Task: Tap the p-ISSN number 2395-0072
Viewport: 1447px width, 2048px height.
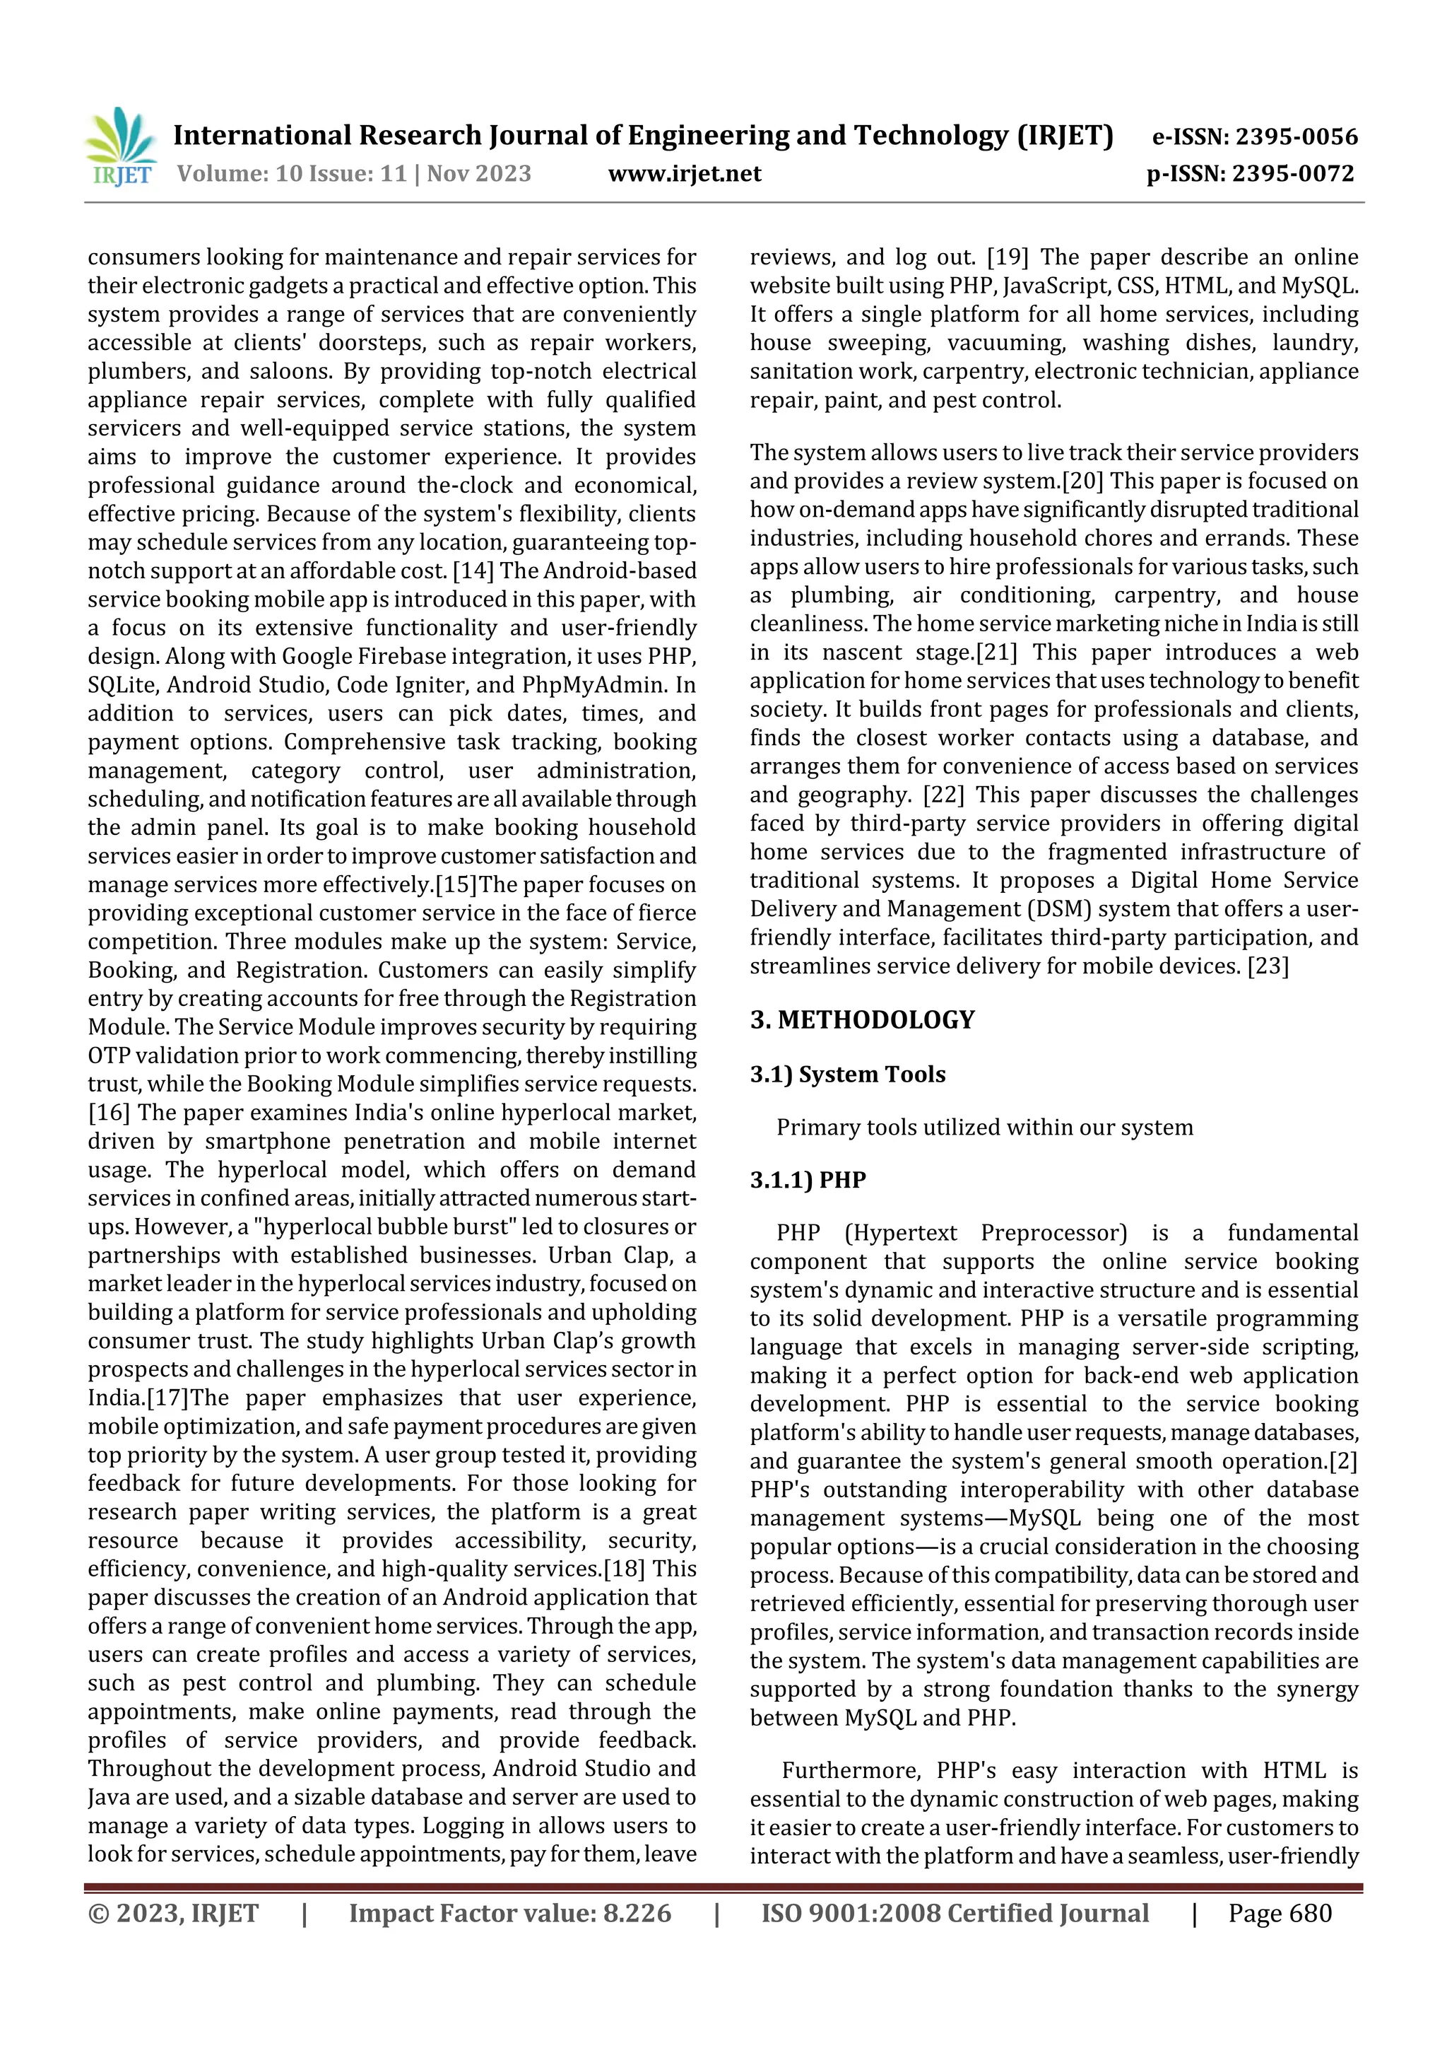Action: tap(1294, 173)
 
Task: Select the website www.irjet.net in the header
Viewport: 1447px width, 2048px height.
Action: tap(684, 173)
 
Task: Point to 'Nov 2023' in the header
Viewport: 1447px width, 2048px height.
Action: tap(479, 173)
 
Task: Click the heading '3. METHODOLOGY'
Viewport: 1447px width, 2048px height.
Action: tap(862, 1019)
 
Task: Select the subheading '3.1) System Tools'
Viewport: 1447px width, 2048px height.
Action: tap(847, 1074)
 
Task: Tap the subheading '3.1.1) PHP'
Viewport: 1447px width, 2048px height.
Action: tap(808, 1179)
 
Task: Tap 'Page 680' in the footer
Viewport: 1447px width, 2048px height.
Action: tap(1280, 1912)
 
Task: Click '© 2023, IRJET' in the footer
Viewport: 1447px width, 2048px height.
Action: tap(173, 1912)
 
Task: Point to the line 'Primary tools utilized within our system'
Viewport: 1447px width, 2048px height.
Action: tap(984, 1127)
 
